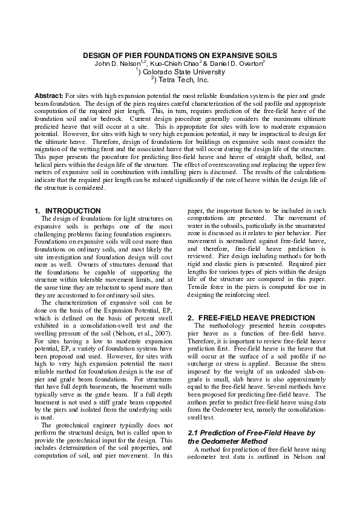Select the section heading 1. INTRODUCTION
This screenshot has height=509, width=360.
[x=68, y=210]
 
